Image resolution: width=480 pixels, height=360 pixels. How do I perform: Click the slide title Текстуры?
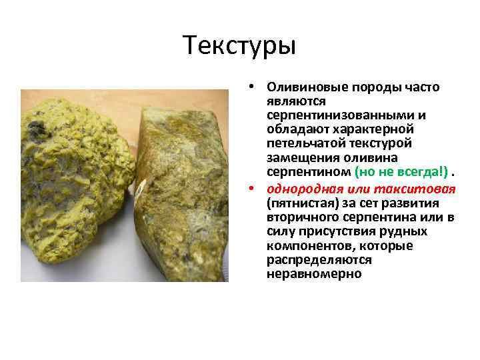[x=239, y=46]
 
